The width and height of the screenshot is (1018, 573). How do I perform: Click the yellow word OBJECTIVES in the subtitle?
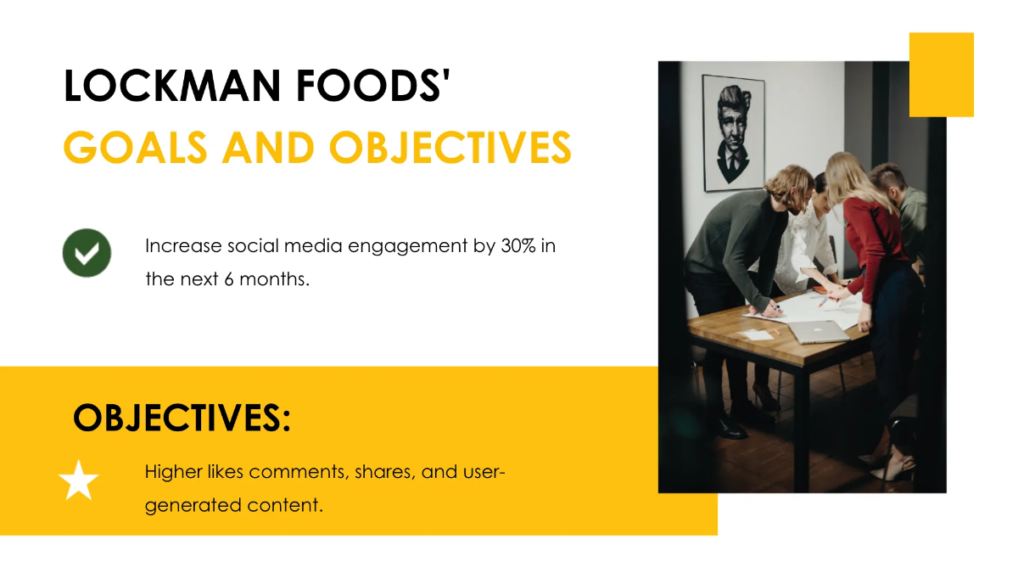pos(450,148)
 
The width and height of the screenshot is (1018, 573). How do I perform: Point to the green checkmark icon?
pos(87,252)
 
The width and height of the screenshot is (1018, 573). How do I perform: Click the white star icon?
pos(79,481)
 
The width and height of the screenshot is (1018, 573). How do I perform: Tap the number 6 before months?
pos(229,278)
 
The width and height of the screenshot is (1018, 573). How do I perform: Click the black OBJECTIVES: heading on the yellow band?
pos(182,418)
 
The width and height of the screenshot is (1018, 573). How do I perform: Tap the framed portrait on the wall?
pos(733,132)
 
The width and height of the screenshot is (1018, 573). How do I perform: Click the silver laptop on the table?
pos(818,330)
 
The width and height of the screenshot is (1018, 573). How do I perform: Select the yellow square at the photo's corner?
pos(941,75)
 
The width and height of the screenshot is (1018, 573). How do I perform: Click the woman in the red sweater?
pos(870,246)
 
